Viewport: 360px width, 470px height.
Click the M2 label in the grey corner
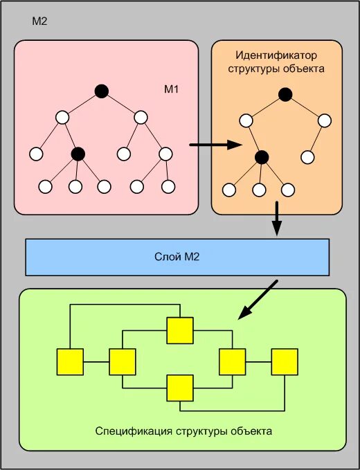[x=40, y=21]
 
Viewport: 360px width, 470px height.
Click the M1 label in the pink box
[x=171, y=89]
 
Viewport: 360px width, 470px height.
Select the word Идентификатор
[x=276, y=55]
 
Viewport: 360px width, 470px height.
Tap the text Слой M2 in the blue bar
[x=177, y=257]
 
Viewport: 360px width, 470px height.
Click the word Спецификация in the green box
[x=134, y=431]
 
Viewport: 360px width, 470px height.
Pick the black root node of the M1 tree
[x=101, y=91]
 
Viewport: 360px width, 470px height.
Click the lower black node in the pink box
[x=78, y=154]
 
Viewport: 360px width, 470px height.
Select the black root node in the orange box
[x=285, y=95]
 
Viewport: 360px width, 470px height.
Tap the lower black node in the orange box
[x=262, y=157]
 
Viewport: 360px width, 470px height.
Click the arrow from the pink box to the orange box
[x=216, y=145]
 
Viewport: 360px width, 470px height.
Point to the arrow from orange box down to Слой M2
[x=277, y=218]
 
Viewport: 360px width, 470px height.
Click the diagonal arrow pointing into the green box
[x=258, y=300]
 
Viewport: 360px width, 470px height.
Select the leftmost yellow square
[x=70, y=362]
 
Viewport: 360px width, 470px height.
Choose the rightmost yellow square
[x=285, y=362]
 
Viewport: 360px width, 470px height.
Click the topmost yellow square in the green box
[x=180, y=330]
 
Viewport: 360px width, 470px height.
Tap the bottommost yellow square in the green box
[x=180, y=388]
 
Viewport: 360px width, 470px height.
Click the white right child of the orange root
[x=325, y=121]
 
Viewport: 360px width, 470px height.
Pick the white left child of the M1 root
[x=62, y=118]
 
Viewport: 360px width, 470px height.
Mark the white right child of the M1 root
[x=141, y=118]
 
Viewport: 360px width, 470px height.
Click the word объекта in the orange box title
[x=305, y=69]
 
